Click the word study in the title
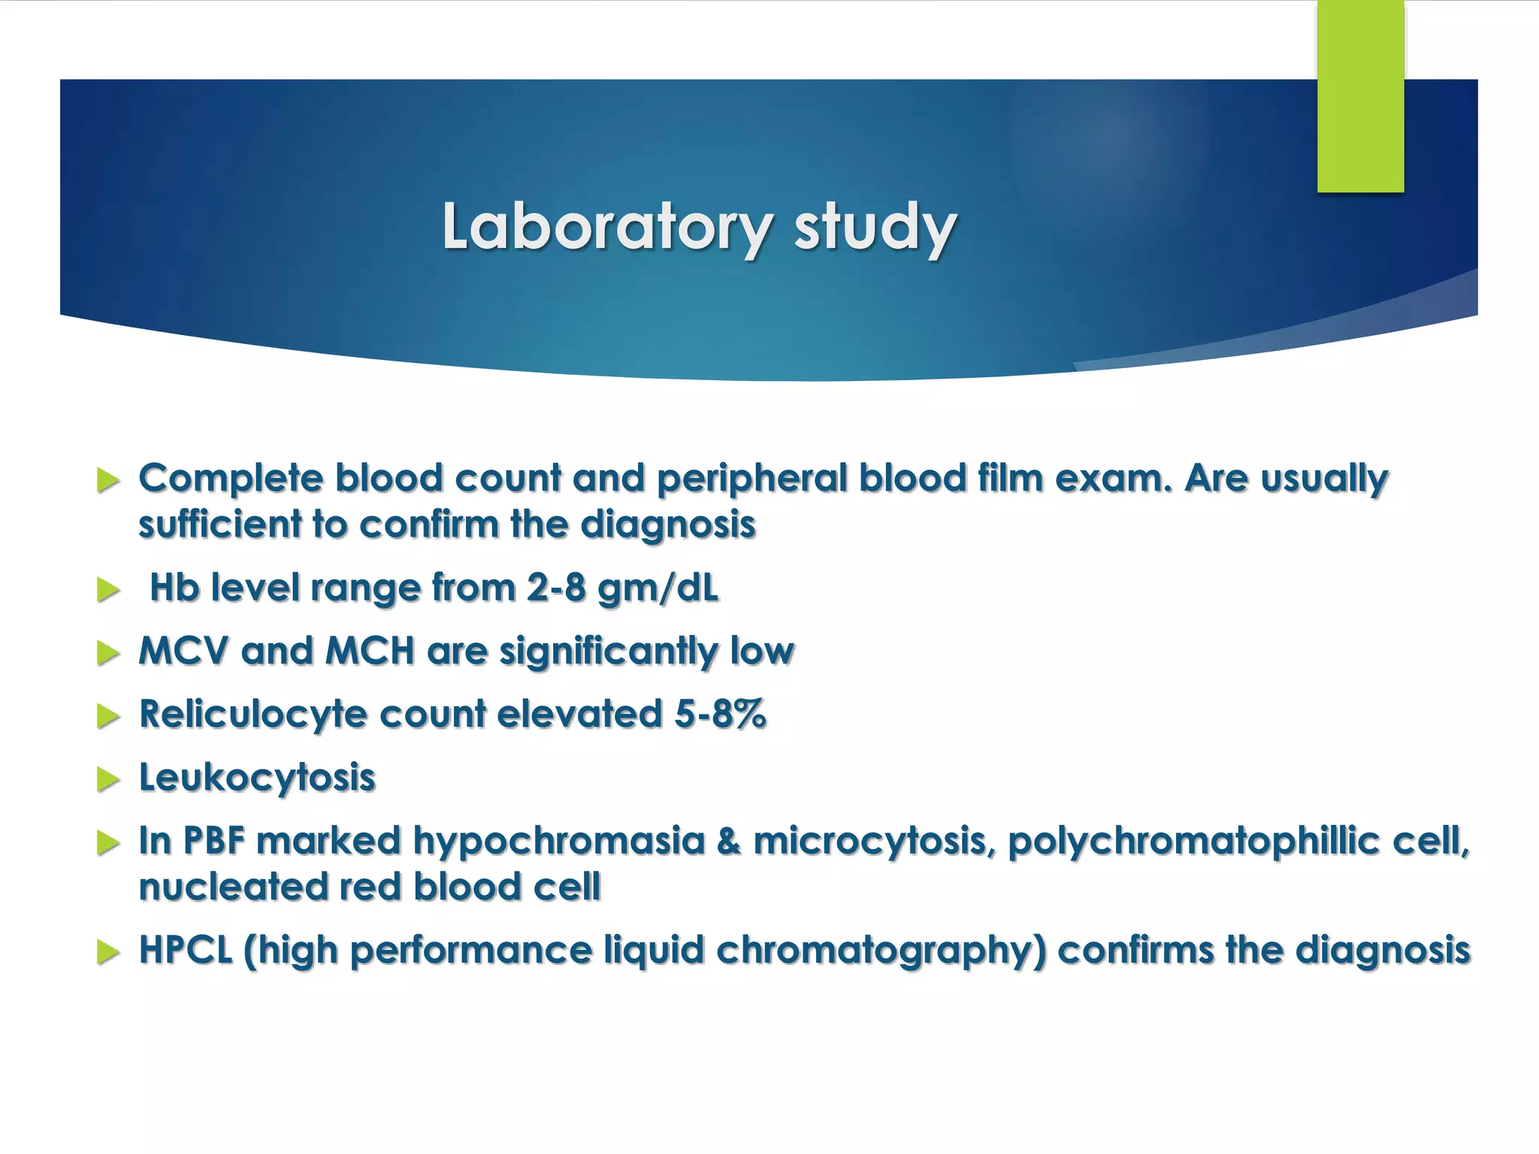tap(875, 227)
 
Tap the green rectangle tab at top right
tap(1360, 96)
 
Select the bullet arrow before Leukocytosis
tap(108, 780)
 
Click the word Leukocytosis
tap(257, 778)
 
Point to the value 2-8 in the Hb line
tap(555, 588)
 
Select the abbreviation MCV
tap(183, 651)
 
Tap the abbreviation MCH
tap(369, 651)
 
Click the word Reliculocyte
tap(252, 714)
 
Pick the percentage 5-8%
tap(719, 714)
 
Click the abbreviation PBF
tap(214, 841)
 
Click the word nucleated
tap(233, 887)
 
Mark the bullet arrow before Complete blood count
tap(108, 481)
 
